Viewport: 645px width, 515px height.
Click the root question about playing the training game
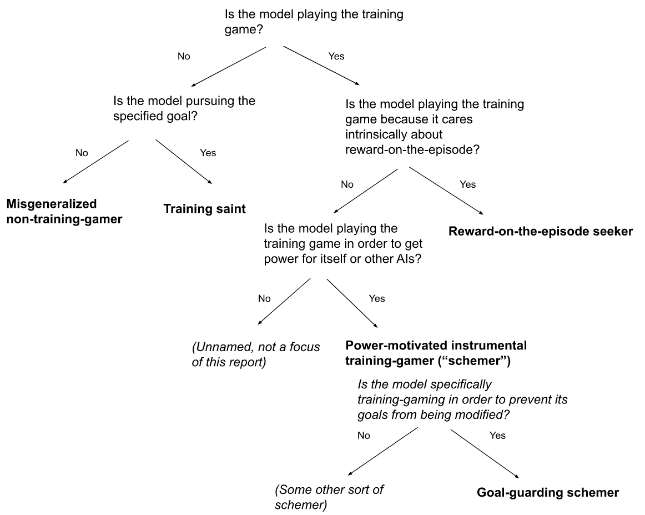click(x=314, y=22)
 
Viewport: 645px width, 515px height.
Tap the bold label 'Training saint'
click(x=204, y=209)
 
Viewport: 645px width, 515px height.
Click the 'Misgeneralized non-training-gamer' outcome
click(x=64, y=211)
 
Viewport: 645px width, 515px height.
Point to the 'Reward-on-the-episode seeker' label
click(x=541, y=232)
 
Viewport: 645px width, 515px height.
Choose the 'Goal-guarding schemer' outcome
click(x=548, y=492)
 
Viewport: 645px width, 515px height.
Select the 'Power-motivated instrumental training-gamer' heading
click(x=436, y=353)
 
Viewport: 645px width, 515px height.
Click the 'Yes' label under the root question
click(x=336, y=56)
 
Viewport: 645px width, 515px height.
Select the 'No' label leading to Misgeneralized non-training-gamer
click(x=82, y=152)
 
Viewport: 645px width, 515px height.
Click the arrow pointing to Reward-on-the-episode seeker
click(x=446, y=191)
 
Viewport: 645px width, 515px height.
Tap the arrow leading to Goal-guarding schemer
click(x=483, y=453)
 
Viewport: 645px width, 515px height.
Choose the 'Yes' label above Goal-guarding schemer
click(x=498, y=436)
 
